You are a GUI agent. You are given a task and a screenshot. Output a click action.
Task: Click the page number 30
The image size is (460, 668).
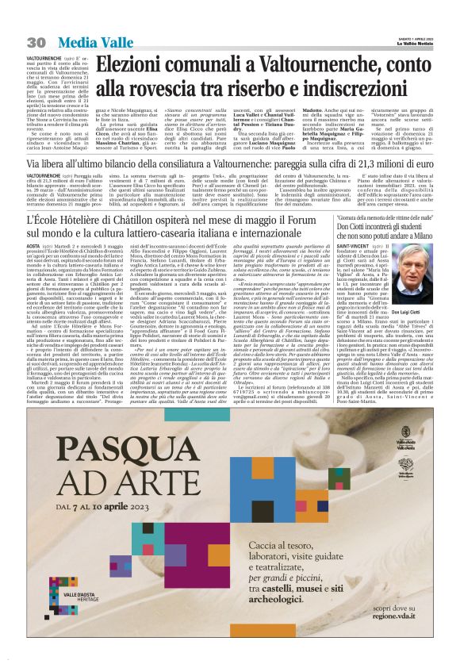[x=36, y=40]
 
